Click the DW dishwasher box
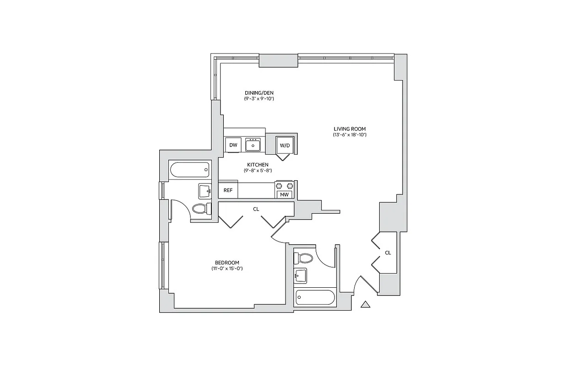(x=233, y=145)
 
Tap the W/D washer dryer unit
(x=285, y=145)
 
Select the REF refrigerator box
(x=228, y=190)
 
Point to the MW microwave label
(x=284, y=195)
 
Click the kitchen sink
(x=253, y=145)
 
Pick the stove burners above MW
(x=284, y=186)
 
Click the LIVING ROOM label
(x=350, y=129)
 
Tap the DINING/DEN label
(x=259, y=93)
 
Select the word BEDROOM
(x=227, y=263)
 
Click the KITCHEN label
(x=258, y=165)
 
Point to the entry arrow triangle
(x=365, y=304)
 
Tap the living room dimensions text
(x=350, y=135)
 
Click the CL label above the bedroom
(x=256, y=209)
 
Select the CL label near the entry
(x=388, y=253)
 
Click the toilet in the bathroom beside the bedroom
(x=200, y=209)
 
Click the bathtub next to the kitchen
(x=189, y=171)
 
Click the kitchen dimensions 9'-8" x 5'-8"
(x=258, y=171)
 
